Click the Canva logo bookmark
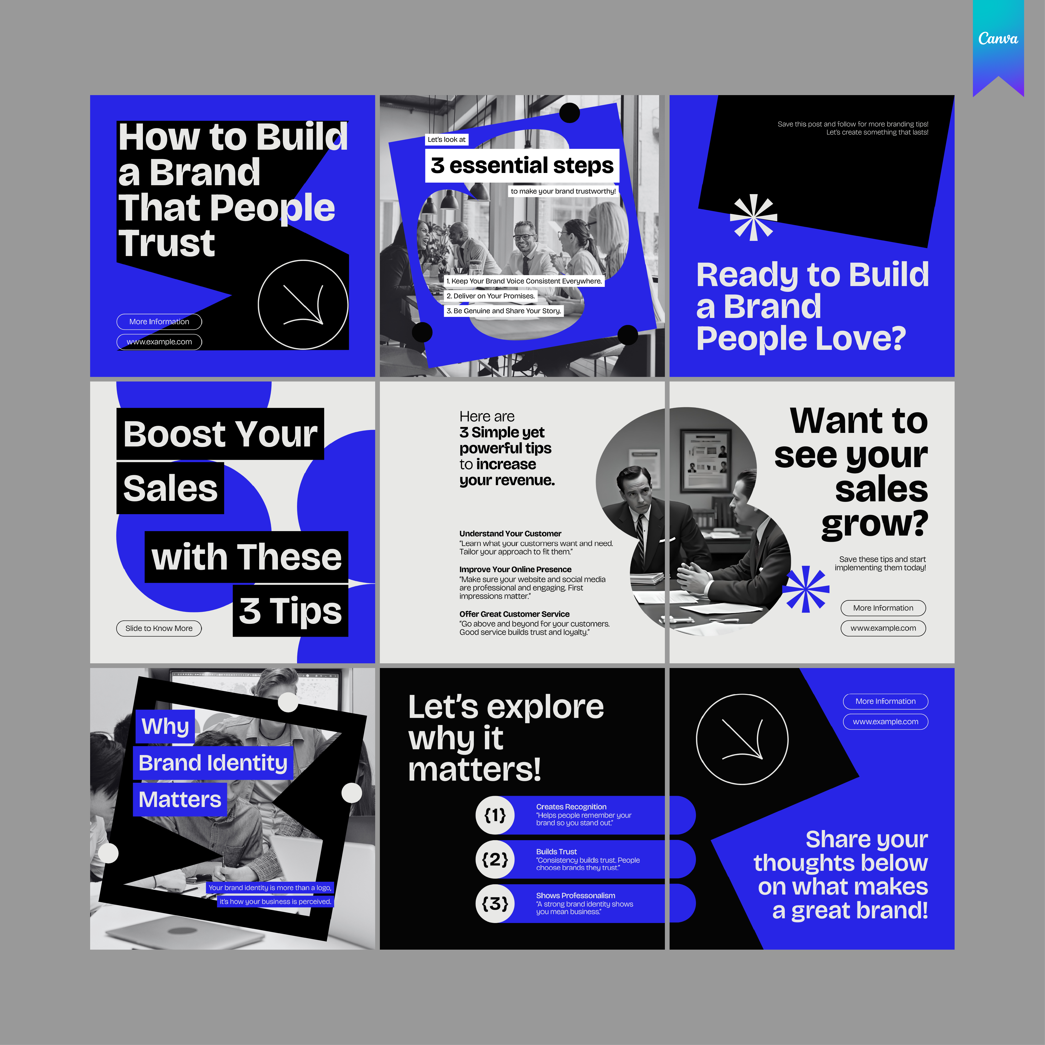(x=998, y=46)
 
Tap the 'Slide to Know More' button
(x=159, y=628)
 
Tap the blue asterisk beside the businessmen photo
(x=805, y=589)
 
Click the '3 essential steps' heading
(x=522, y=166)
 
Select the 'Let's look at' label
(x=446, y=140)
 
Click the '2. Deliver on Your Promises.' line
(x=491, y=296)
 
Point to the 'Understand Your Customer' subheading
(x=510, y=533)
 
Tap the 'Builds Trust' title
(x=556, y=851)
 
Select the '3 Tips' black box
(x=291, y=611)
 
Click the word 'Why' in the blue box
(x=165, y=726)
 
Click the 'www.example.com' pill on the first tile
(x=159, y=342)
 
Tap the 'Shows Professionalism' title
(x=576, y=895)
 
